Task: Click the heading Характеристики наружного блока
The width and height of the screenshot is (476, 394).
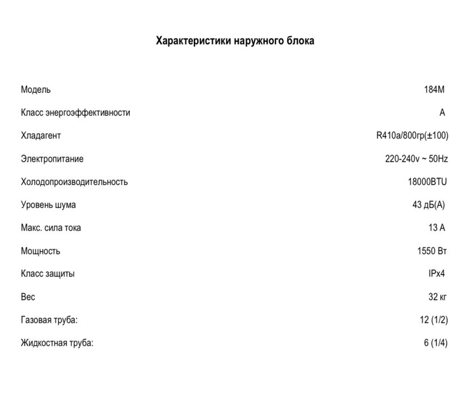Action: [235, 41]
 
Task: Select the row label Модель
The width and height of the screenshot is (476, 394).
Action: [36, 89]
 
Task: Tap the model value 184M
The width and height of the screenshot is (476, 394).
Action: [434, 89]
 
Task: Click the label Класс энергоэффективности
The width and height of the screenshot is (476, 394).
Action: [75, 113]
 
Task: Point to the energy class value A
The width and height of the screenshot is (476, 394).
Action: [442, 113]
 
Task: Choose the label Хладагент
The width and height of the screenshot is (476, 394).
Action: [41, 136]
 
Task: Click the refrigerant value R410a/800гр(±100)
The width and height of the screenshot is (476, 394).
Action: [412, 136]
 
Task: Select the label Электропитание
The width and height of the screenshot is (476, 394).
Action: [52, 159]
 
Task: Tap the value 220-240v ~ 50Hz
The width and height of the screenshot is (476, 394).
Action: [416, 159]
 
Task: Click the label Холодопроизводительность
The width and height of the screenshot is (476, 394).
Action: [74, 182]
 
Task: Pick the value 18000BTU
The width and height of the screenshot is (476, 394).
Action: [427, 182]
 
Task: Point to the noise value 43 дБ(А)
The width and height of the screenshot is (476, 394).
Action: [428, 205]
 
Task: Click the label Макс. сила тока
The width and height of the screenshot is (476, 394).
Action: [51, 228]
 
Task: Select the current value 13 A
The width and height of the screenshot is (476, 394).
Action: [437, 228]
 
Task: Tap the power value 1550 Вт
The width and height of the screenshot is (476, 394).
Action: [432, 251]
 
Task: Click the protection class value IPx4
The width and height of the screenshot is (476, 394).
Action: [437, 274]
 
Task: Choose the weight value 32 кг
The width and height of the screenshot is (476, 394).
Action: [438, 297]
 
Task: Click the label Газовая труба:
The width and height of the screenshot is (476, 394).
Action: [49, 320]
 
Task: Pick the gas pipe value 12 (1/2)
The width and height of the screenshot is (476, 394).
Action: [433, 320]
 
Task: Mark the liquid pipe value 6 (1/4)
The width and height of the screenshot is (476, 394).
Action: [436, 343]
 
